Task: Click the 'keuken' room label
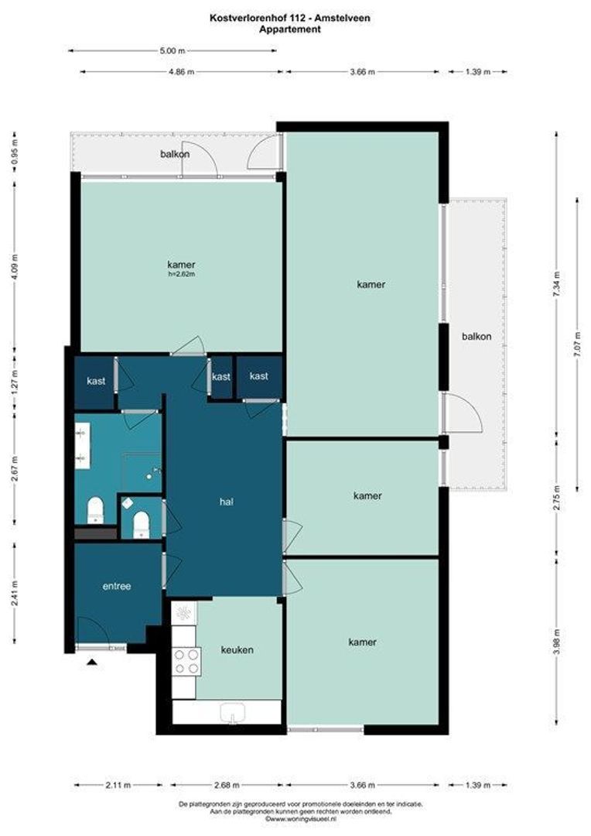[237, 650]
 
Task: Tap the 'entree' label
[116, 586]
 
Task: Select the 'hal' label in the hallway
[227, 502]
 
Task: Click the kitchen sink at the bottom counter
[232, 712]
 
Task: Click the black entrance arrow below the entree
[92, 663]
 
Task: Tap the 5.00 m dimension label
[173, 51]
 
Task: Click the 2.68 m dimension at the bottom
[227, 785]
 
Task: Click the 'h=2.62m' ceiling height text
[181, 275]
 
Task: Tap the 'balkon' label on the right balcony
[477, 337]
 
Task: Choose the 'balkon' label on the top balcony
[175, 154]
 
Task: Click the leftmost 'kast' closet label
[96, 381]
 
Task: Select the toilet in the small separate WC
[141, 523]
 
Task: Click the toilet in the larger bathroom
[95, 510]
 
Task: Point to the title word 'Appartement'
[290, 30]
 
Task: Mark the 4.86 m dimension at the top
[181, 72]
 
